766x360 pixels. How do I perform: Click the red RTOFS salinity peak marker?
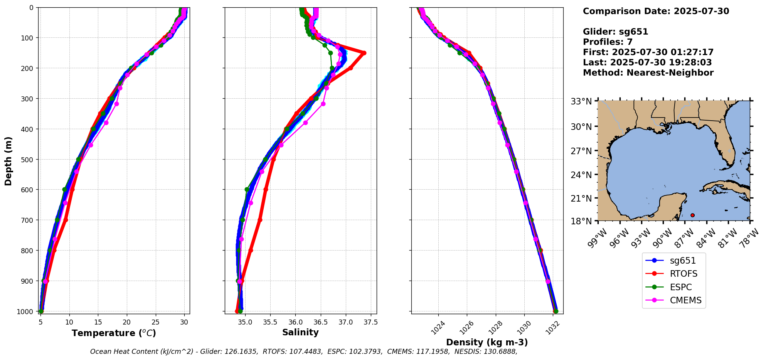click(364, 53)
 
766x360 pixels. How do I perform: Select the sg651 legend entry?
click(682, 261)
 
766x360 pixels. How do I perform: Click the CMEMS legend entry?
click(685, 300)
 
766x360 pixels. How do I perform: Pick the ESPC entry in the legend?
click(680, 287)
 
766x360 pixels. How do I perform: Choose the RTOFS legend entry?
click(683, 274)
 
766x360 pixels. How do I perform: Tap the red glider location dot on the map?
click(692, 215)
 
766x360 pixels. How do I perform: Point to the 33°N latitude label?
click(581, 101)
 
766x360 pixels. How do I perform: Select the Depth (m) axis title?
click(8, 161)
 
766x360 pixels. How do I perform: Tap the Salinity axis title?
click(300, 333)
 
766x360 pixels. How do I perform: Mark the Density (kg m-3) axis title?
click(487, 342)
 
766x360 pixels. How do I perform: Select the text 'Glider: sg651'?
click(615, 32)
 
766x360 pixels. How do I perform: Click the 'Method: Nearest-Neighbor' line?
click(648, 73)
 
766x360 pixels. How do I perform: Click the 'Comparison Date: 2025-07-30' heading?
click(656, 11)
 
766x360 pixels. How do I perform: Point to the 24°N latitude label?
click(581, 175)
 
